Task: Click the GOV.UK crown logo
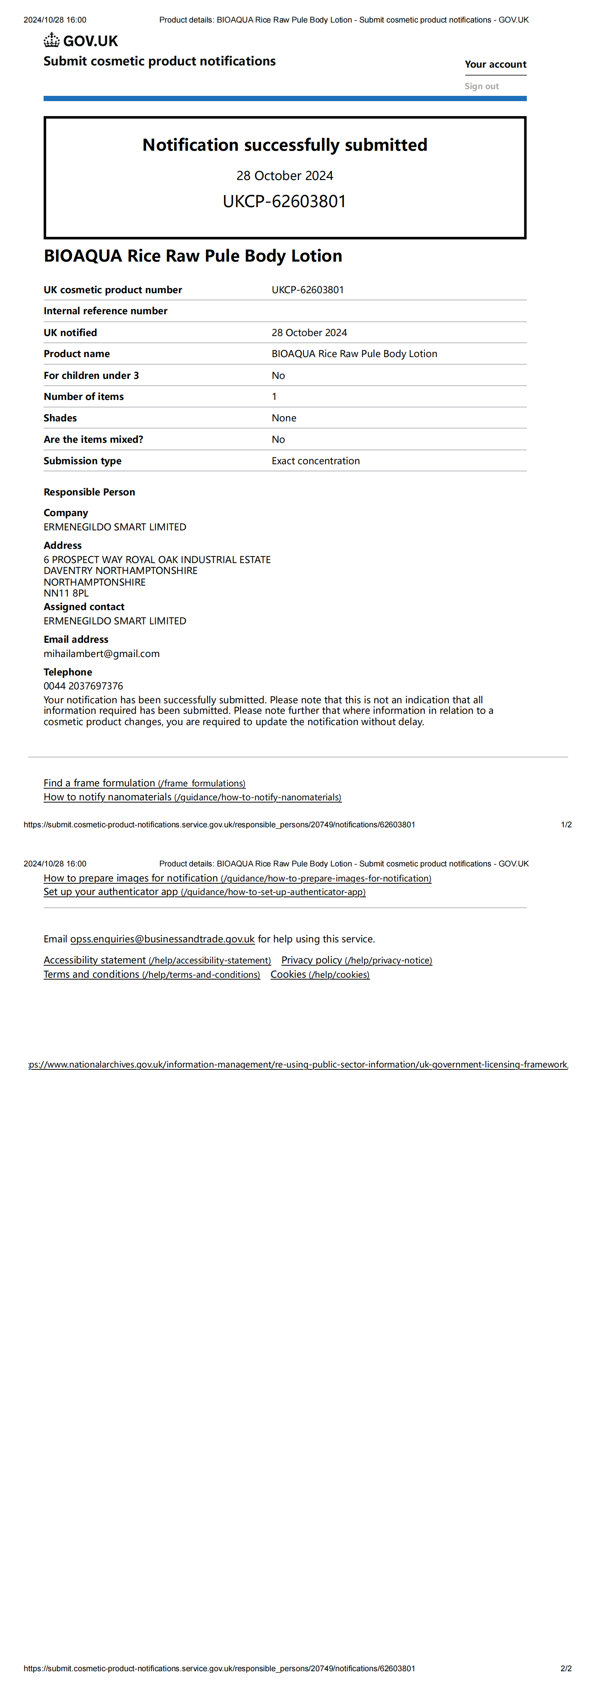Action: point(52,41)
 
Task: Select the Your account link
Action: point(495,64)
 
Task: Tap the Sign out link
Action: point(481,86)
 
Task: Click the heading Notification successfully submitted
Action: point(285,145)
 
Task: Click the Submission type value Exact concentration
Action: point(316,460)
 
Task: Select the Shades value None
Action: point(284,418)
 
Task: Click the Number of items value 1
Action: point(274,396)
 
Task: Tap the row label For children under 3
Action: point(91,375)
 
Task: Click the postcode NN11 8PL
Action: point(66,593)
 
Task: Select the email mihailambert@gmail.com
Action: point(101,654)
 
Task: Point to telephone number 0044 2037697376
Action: point(83,686)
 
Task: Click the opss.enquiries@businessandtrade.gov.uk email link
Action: point(162,939)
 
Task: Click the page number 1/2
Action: point(566,824)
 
